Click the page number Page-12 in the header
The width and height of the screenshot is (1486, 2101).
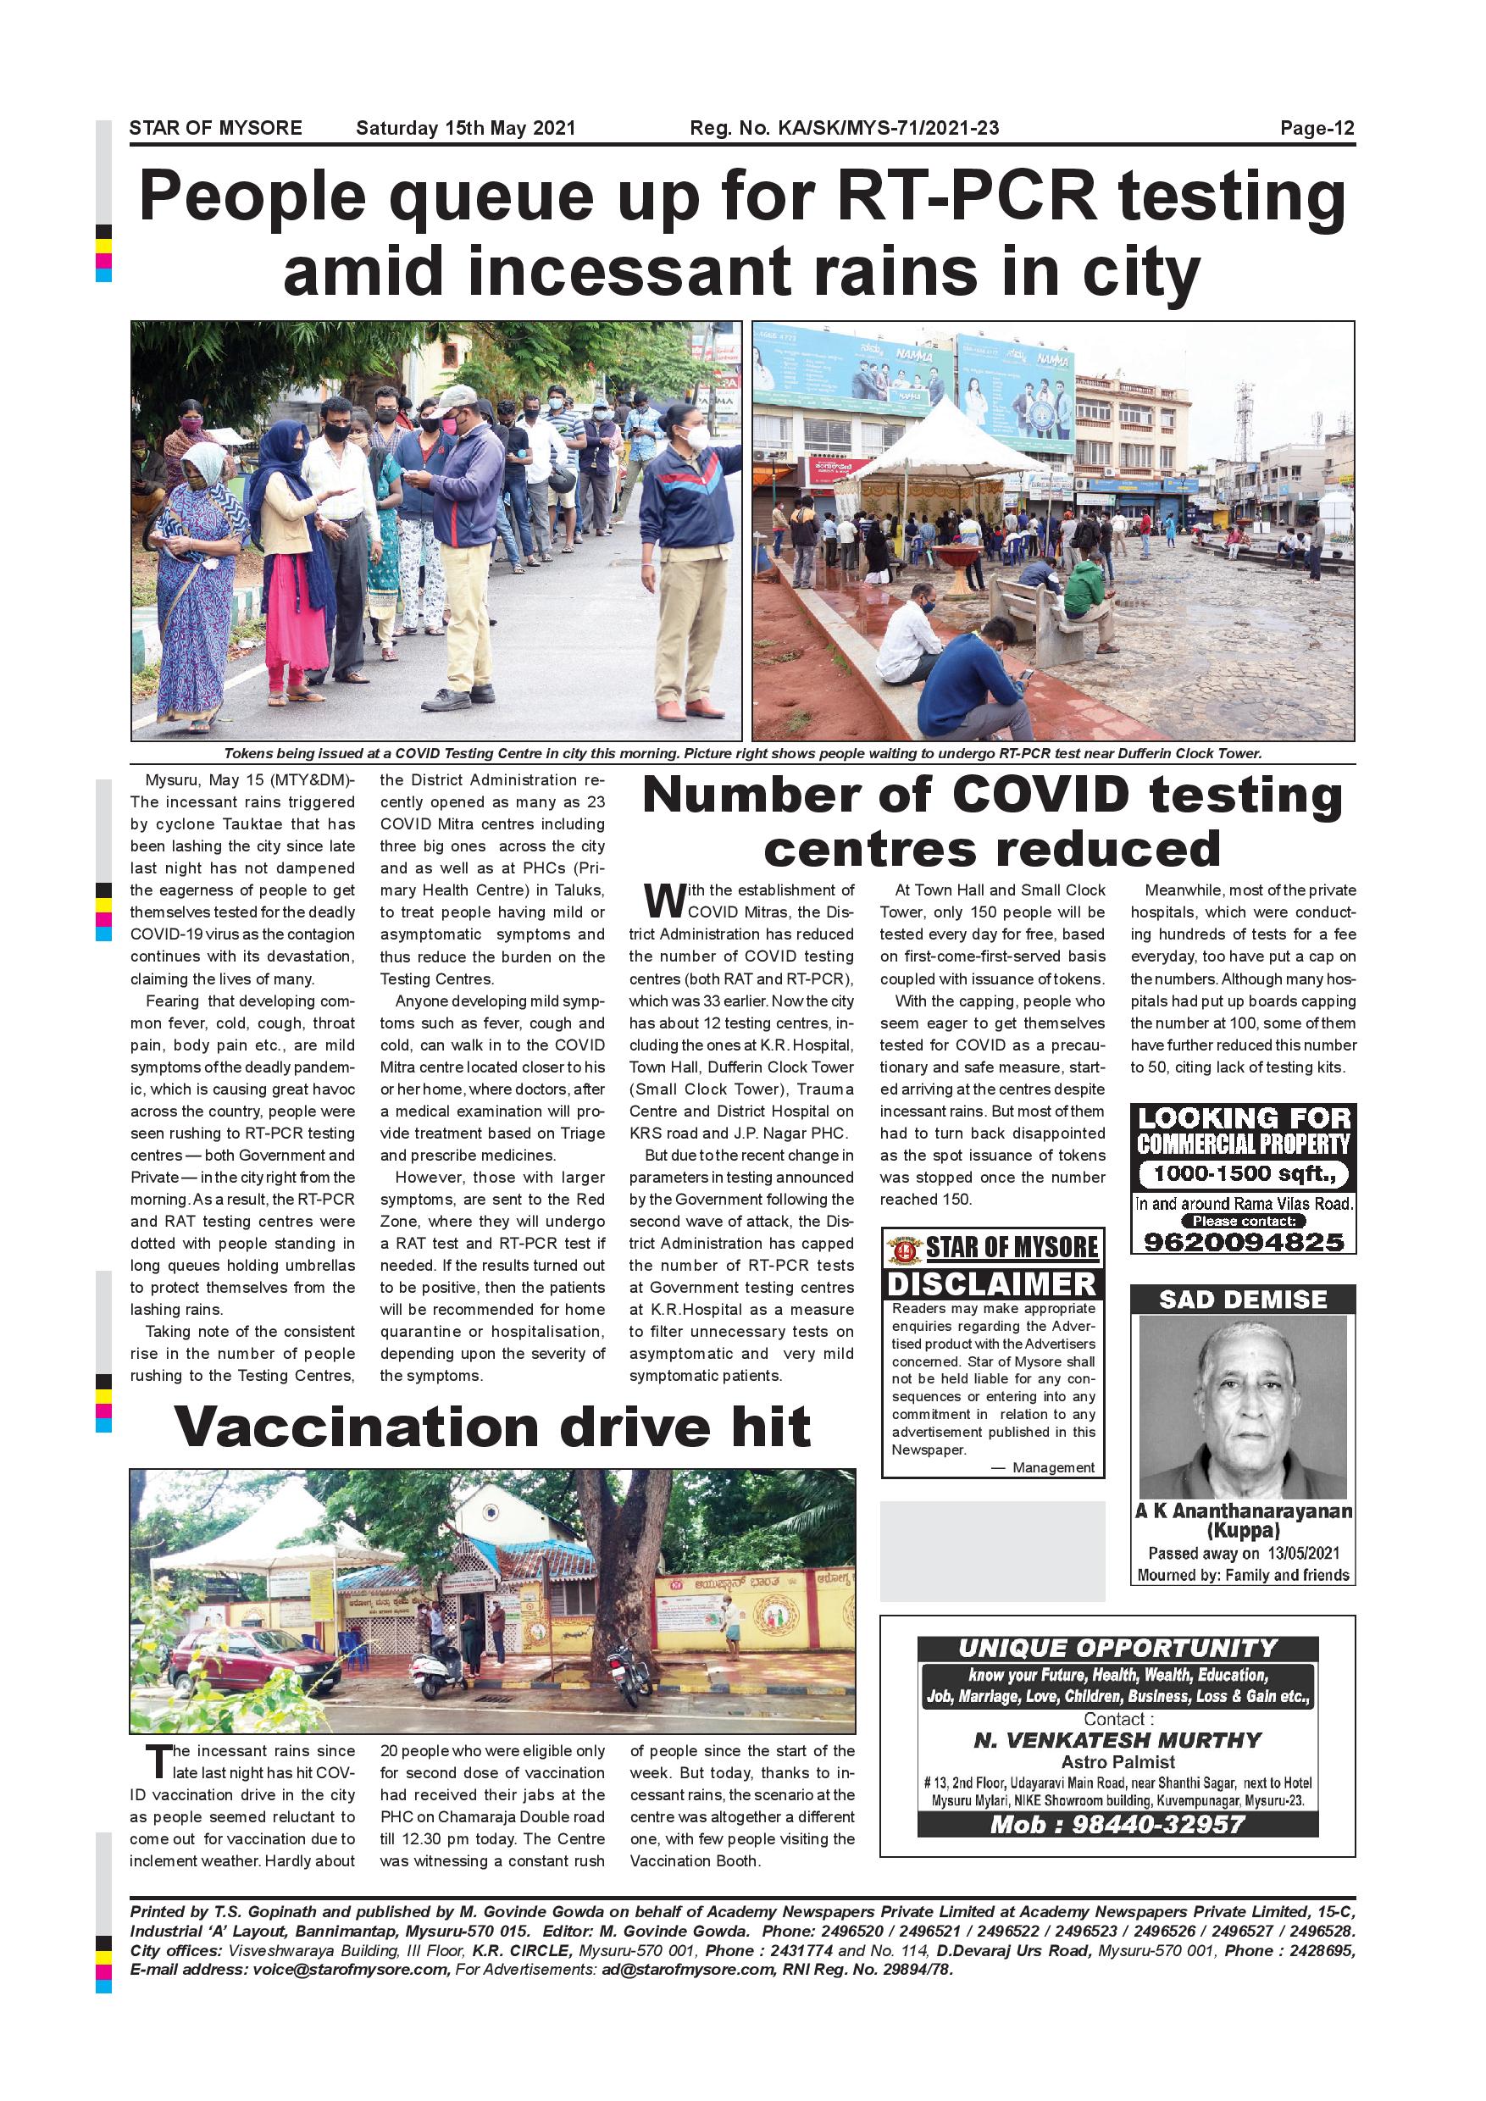1316,128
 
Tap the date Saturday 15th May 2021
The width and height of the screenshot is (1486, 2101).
466,128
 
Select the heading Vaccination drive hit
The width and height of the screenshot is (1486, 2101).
492,1427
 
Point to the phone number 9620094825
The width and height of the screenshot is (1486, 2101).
1244,1242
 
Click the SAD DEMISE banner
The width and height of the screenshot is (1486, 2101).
1243,1300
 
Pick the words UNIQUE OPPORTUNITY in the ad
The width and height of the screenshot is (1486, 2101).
1117,1648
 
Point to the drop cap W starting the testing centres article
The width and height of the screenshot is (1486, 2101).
664,900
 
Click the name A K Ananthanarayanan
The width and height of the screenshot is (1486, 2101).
1243,1511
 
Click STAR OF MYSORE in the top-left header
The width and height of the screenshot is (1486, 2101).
215,128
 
